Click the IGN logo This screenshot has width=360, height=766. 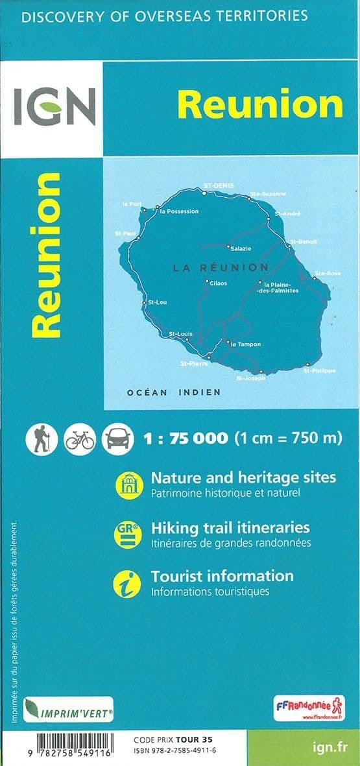click(54, 107)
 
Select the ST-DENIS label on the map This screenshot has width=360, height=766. click(217, 186)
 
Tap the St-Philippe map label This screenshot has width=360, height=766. click(320, 370)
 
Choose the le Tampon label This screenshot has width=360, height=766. click(246, 344)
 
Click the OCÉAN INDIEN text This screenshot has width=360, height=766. click(173, 392)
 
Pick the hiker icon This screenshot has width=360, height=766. click(42, 439)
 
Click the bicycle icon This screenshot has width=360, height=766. click(80, 439)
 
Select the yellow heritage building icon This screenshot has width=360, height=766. click(128, 485)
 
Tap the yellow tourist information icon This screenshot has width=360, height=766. click(128, 582)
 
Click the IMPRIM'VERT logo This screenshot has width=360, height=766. click(69, 710)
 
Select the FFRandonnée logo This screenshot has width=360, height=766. click(309, 708)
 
